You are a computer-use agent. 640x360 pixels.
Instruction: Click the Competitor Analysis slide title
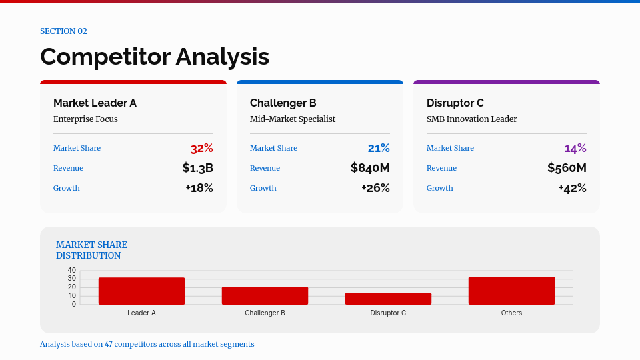point(155,57)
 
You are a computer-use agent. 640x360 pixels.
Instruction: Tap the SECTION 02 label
point(63,31)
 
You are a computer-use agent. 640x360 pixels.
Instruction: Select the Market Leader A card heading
point(95,103)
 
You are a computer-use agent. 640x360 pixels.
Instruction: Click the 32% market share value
point(201,148)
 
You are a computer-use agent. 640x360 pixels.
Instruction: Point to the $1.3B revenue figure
point(197,168)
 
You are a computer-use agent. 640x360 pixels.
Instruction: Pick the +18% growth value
point(199,188)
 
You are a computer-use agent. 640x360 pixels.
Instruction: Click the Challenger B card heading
point(283,103)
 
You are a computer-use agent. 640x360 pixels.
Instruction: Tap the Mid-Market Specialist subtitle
point(293,119)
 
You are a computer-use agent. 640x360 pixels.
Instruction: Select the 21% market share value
point(378,148)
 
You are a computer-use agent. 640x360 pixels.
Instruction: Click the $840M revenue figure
point(370,168)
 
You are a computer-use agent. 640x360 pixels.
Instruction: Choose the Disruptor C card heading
point(455,103)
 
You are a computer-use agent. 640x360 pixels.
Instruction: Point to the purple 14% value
point(575,148)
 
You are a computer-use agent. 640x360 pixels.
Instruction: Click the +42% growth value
point(572,188)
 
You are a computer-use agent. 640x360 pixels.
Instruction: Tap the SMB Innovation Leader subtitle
point(471,119)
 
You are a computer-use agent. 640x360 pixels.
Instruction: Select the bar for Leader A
point(141,291)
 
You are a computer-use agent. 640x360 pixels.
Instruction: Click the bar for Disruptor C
point(388,299)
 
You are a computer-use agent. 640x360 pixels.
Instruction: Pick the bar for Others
point(511,291)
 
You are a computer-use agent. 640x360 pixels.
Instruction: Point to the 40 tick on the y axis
point(72,270)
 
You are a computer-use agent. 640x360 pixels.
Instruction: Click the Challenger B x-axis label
point(265,313)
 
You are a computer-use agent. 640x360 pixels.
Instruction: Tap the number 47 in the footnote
point(109,344)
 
